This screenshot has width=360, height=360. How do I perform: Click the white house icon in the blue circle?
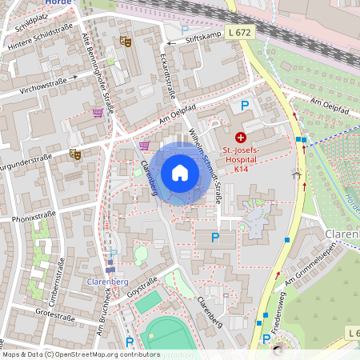tap(179, 173)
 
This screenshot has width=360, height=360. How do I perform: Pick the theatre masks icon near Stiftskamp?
tap(124, 39)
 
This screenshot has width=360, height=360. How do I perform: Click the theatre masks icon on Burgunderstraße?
tap(76, 154)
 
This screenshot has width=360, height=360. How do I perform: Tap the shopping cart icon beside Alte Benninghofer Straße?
tap(98, 113)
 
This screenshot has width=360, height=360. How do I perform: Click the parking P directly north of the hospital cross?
tap(245, 106)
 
